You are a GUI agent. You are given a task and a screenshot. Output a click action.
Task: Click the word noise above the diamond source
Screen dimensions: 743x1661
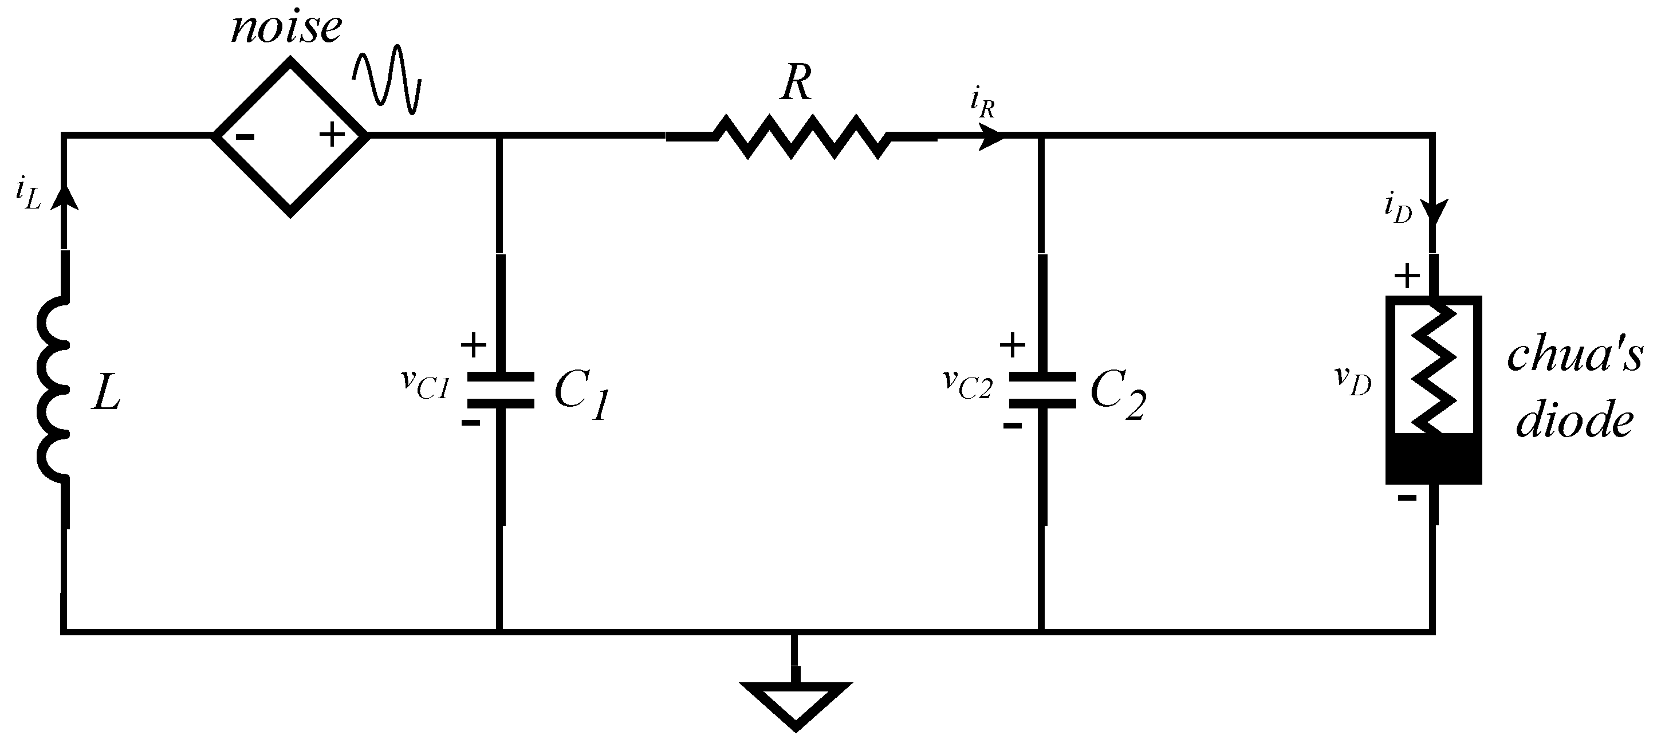pyautogui.click(x=286, y=29)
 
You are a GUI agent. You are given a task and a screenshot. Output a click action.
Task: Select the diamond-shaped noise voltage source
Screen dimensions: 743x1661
pyautogui.click(x=290, y=136)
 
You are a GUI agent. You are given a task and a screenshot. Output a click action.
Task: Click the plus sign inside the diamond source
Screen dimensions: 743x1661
pyautogui.click(x=332, y=135)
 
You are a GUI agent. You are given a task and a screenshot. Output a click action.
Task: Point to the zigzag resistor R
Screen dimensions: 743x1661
pyautogui.click(x=801, y=136)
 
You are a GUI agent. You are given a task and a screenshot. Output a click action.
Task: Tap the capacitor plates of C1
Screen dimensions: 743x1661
pyautogui.click(x=501, y=390)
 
